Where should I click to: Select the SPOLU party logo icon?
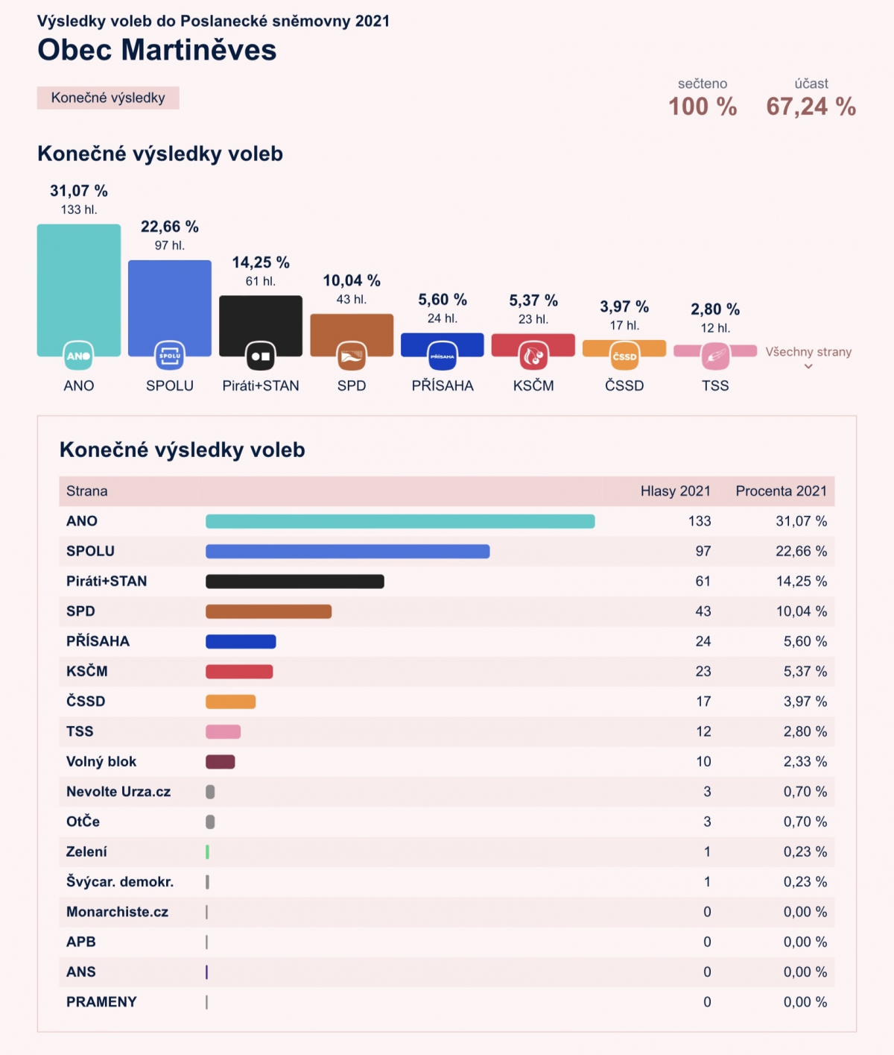click(170, 356)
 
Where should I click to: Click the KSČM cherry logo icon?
click(533, 356)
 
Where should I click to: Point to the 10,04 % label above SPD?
click(352, 280)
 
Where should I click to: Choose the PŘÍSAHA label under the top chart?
click(443, 385)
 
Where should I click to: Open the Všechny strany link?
click(808, 353)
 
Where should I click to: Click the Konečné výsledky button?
click(108, 98)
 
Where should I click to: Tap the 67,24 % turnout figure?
click(811, 107)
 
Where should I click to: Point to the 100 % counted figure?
click(703, 107)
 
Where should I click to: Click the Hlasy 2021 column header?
click(675, 491)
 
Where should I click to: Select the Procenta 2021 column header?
click(781, 491)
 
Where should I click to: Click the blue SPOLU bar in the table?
click(347, 551)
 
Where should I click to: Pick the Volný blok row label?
click(101, 761)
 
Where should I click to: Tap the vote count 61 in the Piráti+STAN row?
click(703, 581)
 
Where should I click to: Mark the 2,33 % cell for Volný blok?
click(805, 761)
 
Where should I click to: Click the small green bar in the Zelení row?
click(207, 851)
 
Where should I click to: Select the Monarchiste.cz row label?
click(117, 912)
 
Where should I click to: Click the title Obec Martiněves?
click(157, 50)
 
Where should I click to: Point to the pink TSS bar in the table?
click(223, 731)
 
